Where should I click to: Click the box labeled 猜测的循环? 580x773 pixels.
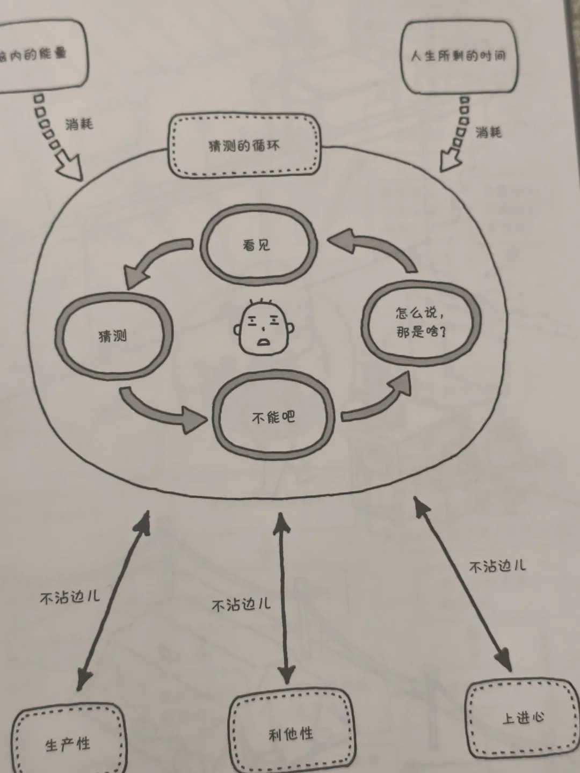244,146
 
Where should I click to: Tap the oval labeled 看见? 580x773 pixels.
257,245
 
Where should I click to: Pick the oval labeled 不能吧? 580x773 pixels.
274,417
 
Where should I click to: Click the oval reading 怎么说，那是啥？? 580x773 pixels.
421,323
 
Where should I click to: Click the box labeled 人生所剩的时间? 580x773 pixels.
459,56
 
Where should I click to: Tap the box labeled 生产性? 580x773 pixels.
68,744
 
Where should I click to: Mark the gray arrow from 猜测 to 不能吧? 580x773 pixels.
161,411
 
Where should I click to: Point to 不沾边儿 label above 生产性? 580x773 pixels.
70,597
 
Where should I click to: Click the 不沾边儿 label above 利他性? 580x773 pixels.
241,605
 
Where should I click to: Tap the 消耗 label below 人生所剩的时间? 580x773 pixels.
488,132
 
